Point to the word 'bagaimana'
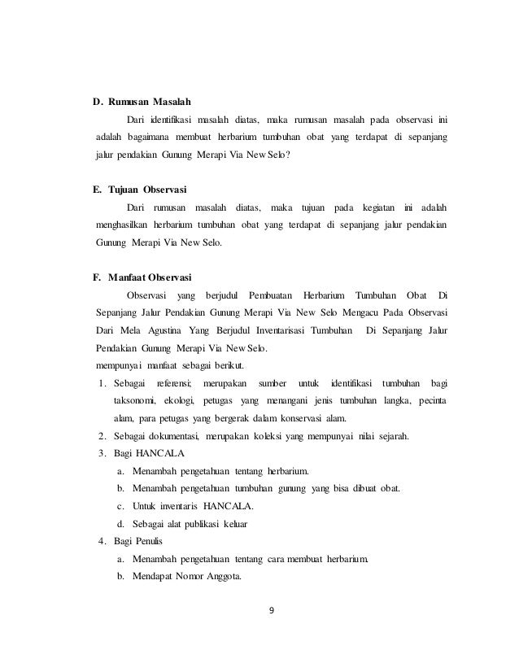(x=154, y=133)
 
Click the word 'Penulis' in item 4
(x=150, y=541)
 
